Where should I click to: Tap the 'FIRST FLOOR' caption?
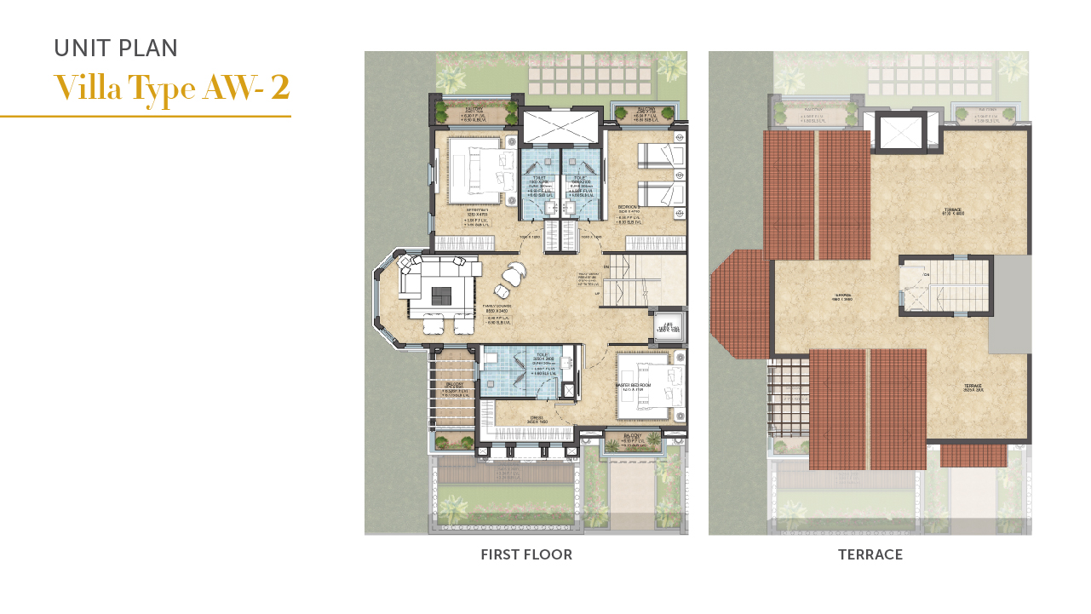coord(525,555)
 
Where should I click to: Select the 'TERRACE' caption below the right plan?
coord(870,555)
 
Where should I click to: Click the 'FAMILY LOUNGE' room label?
coord(498,306)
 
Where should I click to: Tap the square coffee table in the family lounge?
coord(441,296)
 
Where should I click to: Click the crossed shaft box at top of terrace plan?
coord(899,132)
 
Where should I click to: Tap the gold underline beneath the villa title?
coord(145,116)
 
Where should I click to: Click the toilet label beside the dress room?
coord(541,356)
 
